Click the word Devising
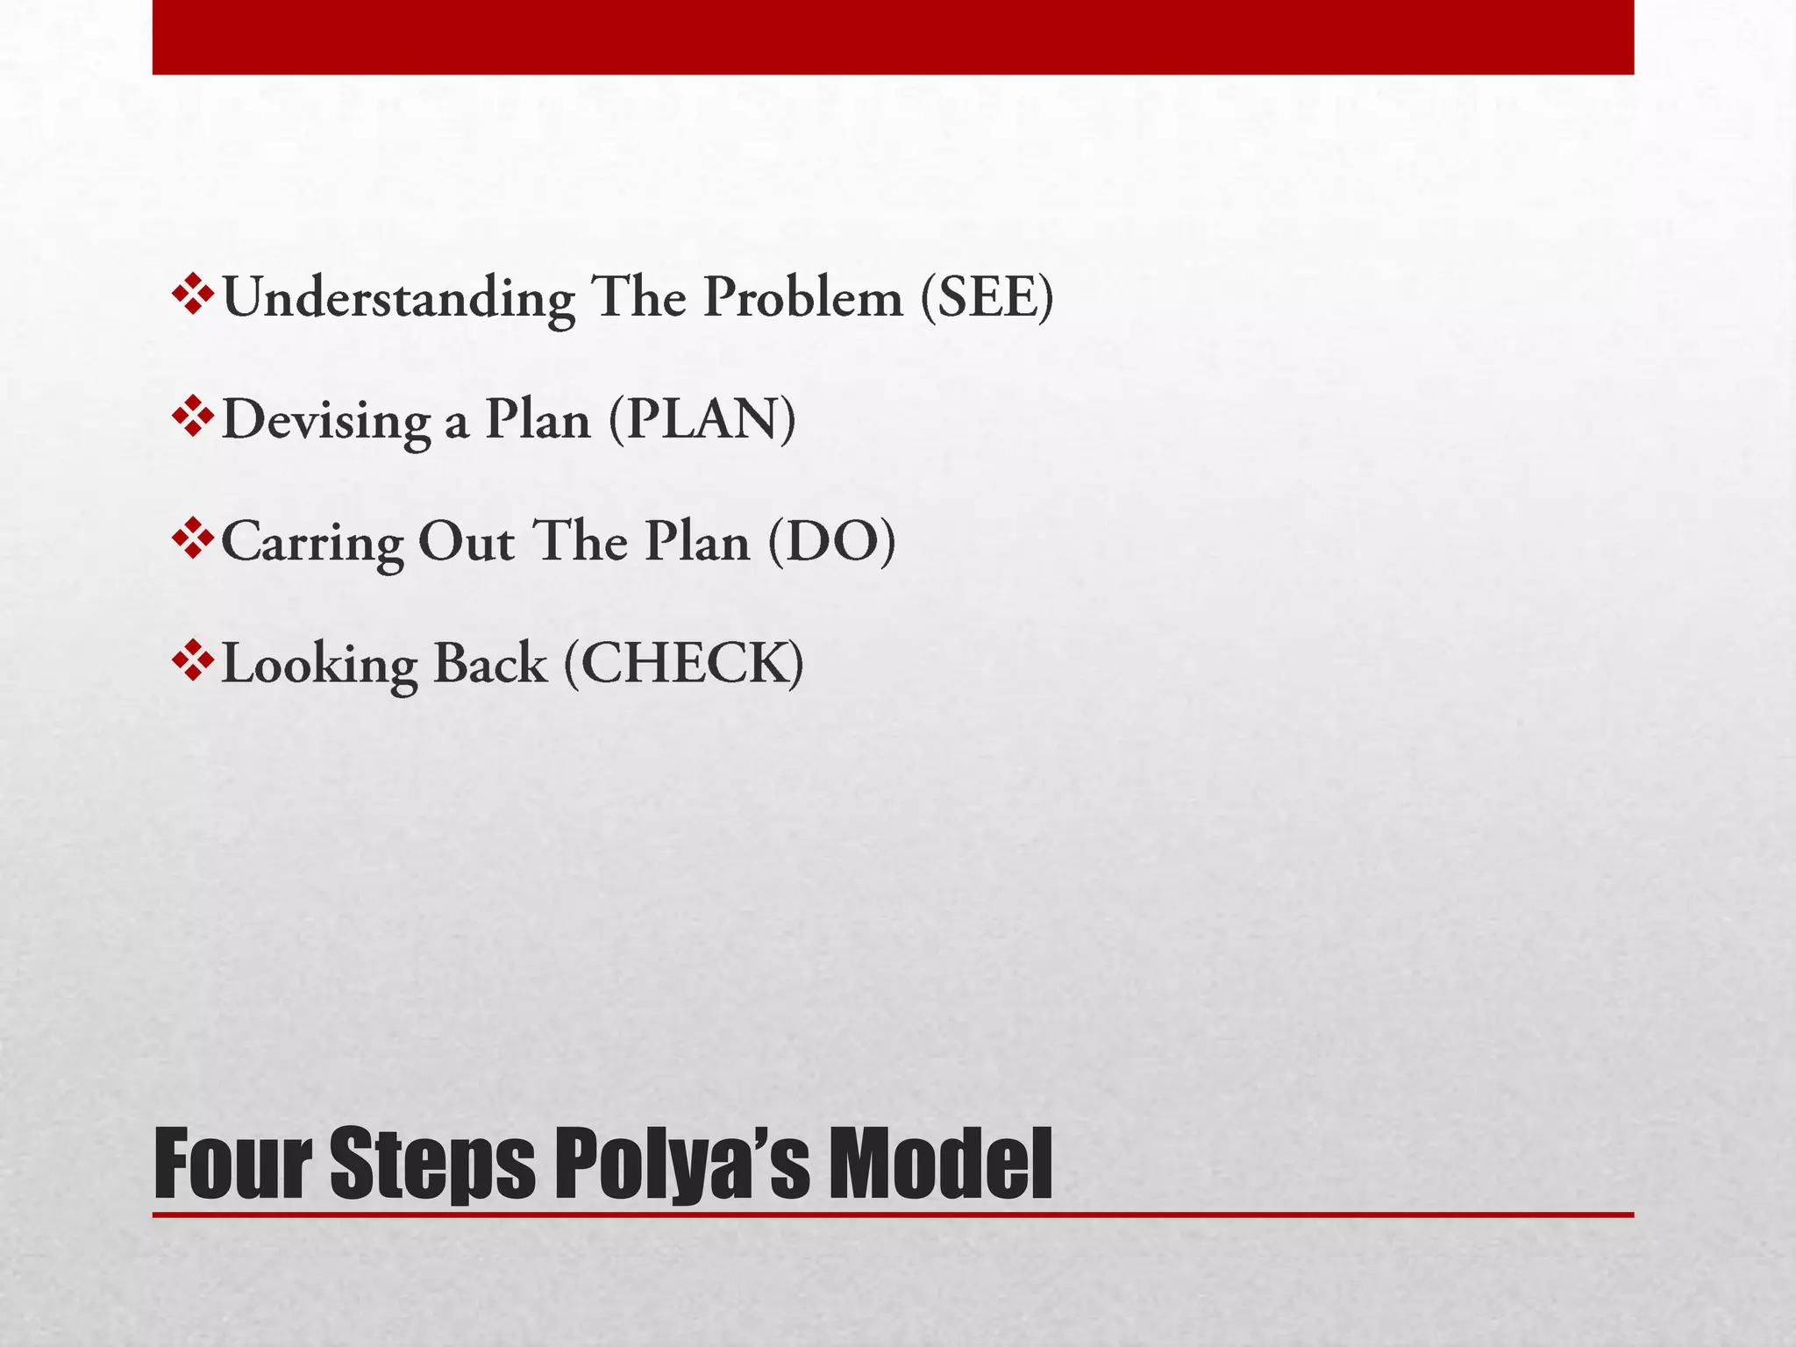[326, 421]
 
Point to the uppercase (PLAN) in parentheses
[702, 420]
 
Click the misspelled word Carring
[312, 543]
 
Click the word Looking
[319, 665]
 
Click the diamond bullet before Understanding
[192, 295]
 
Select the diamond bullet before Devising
[192, 417]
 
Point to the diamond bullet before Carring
[192, 538]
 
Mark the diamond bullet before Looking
[192, 660]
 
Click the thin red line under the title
[893, 1215]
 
